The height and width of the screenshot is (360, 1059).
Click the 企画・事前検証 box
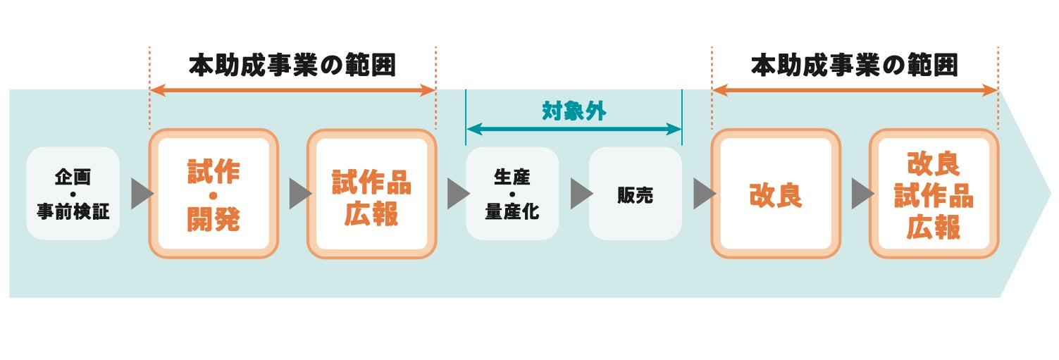[73, 193]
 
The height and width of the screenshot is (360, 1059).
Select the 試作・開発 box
[213, 193]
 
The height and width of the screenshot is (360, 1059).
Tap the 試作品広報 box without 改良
[371, 193]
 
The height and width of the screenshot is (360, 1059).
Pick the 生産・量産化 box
[512, 193]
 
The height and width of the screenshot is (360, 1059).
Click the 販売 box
[635, 193]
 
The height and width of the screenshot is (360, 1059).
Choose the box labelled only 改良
[775, 193]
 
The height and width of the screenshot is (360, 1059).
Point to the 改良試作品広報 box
[934, 193]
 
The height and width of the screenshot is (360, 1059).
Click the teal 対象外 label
[574, 111]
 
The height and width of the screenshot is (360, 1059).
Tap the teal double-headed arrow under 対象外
[574, 129]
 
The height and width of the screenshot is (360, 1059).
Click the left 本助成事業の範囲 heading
[292, 66]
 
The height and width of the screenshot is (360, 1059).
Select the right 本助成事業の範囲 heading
[855, 66]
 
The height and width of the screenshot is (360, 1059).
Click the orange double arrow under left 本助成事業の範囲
[292, 90]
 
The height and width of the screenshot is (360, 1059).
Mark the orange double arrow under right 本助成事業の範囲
[855, 90]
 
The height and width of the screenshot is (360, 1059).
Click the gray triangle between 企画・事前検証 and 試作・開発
[141, 194]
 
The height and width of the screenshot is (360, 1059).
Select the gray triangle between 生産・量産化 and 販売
[581, 194]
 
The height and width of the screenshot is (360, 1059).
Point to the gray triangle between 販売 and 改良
[703, 194]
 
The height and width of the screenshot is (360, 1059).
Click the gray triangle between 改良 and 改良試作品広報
[861, 194]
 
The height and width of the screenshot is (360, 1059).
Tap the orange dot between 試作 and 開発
[213, 194]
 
